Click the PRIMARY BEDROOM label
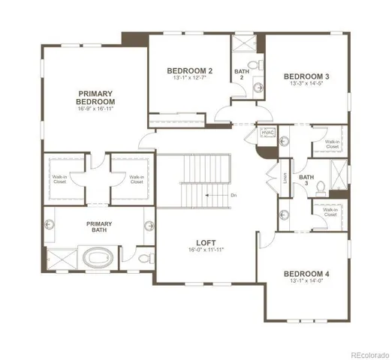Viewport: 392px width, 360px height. (x=95, y=97)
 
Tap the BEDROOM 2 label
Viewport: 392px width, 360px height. (x=188, y=71)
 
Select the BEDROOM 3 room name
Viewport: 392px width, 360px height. (x=306, y=76)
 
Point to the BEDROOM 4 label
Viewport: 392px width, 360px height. (x=306, y=274)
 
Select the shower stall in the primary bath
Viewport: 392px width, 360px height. (x=56, y=259)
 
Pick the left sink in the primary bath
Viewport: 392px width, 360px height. (x=51, y=223)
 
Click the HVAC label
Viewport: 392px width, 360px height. (x=267, y=132)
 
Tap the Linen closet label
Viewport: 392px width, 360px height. (x=285, y=178)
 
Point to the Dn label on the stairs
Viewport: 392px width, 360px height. (x=234, y=195)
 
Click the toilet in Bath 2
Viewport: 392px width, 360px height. (x=254, y=66)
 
